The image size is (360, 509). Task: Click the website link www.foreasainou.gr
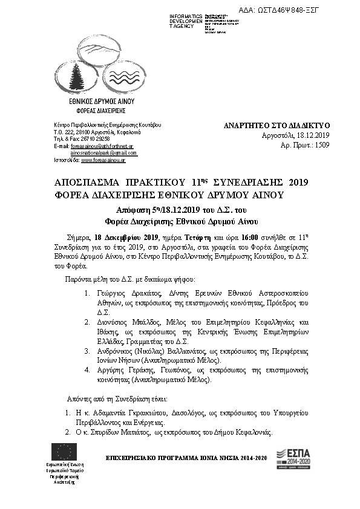click(x=103, y=160)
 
